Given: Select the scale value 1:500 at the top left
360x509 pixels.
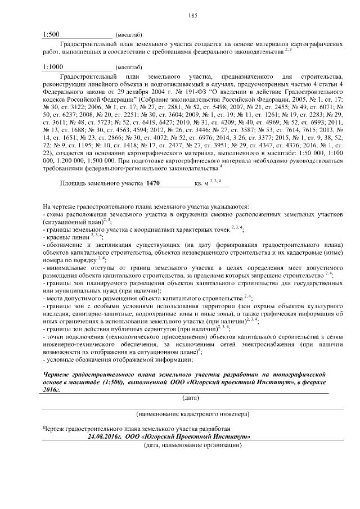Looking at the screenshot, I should pos(51,34).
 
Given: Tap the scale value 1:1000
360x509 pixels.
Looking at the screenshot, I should pos(53,66).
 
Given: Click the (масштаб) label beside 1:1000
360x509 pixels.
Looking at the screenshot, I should pos(127,67).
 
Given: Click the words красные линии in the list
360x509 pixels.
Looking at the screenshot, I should pos(64,238).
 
